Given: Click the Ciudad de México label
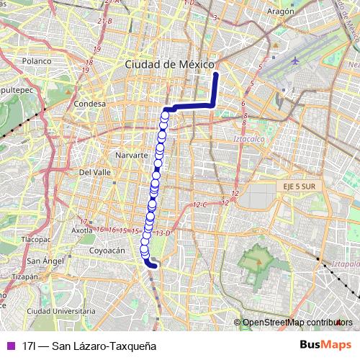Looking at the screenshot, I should click(x=170, y=64).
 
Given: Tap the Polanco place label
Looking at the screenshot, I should click(x=36, y=62).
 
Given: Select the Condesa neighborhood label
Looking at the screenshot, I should click(x=90, y=104).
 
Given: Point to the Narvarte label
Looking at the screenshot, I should click(x=131, y=155).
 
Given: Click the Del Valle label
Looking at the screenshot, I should click(x=94, y=173).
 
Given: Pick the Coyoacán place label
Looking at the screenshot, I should click(x=107, y=251).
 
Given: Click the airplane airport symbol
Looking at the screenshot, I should click(x=295, y=60).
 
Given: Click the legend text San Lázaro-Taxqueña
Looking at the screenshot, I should click(x=89, y=346).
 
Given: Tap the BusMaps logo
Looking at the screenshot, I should click(x=326, y=346).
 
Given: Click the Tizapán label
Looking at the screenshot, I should click(x=24, y=276).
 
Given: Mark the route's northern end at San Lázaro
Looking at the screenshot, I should click(x=215, y=73).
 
